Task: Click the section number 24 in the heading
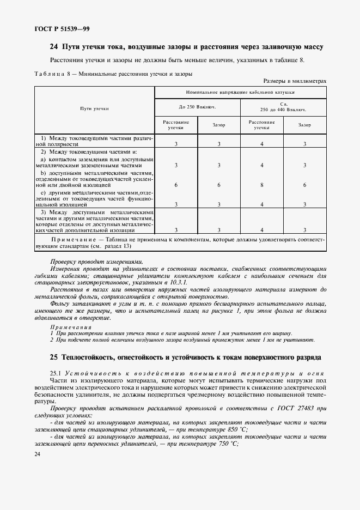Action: (x=53, y=47)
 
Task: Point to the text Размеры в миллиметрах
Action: (x=295, y=81)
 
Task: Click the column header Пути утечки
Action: (x=94, y=108)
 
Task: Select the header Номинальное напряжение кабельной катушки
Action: (x=240, y=93)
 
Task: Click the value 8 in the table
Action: (x=262, y=185)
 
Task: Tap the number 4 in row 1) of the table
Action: (x=262, y=144)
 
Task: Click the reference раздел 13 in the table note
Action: (x=112, y=246)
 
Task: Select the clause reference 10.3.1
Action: (x=177, y=284)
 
